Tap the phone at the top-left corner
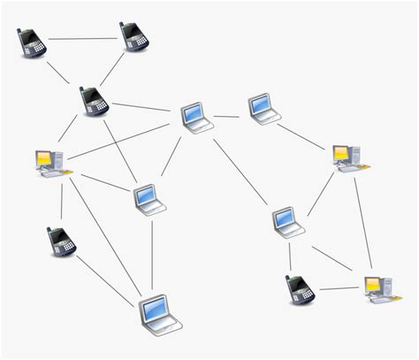click(x=32, y=42)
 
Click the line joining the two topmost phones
click(x=83, y=39)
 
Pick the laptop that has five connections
click(x=194, y=116)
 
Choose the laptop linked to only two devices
click(x=263, y=107)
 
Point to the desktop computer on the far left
click(x=49, y=161)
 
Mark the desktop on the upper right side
click(x=347, y=157)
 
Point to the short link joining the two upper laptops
click(x=227, y=115)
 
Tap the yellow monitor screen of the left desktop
click(x=43, y=158)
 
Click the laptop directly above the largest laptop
click(x=149, y=199)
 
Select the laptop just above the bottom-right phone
click(x=286, y=220)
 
